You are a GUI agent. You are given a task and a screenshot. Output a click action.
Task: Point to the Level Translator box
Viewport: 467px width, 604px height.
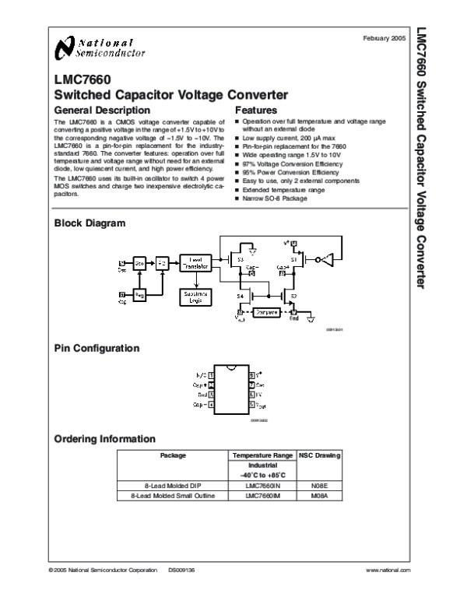coord(195,263)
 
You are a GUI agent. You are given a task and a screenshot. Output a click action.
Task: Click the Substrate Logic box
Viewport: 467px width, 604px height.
coord(195,297)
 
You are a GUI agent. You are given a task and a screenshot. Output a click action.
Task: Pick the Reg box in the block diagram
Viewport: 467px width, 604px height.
coord(140,294)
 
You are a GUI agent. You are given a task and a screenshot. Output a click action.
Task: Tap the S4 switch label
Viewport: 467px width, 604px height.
coord(241,296)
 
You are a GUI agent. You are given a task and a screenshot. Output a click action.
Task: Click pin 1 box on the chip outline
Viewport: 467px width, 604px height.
coord(212,374)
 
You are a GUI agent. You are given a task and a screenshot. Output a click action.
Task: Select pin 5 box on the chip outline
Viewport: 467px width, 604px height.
coord(249,405)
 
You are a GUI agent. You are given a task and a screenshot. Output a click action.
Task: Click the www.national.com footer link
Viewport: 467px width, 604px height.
coord(387,571)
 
